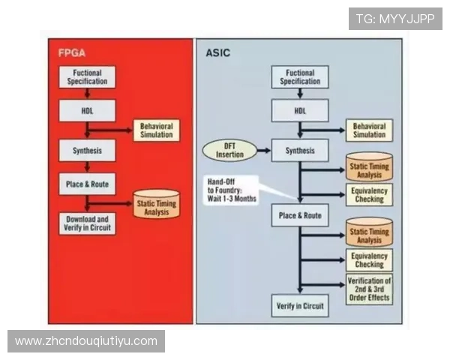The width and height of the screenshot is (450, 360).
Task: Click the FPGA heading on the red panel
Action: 73,54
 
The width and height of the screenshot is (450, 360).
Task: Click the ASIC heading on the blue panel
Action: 217,54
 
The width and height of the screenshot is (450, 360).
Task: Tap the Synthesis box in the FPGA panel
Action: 88,149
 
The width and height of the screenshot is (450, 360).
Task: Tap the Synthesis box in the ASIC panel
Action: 299,149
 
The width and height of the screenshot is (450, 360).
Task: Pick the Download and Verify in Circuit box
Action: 88,222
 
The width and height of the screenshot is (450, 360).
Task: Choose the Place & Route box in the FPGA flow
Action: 88,184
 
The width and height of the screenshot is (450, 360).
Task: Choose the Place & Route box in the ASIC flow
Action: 299,215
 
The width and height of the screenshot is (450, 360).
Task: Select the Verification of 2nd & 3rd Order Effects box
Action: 369,289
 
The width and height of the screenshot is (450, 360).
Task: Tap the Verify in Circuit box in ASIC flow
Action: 299,305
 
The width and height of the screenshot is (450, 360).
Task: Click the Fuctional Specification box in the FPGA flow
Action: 88,77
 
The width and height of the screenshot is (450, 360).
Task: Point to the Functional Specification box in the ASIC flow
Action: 299,77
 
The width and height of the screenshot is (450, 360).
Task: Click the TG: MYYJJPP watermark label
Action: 395,18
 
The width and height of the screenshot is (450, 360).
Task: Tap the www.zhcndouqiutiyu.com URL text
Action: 86,341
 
